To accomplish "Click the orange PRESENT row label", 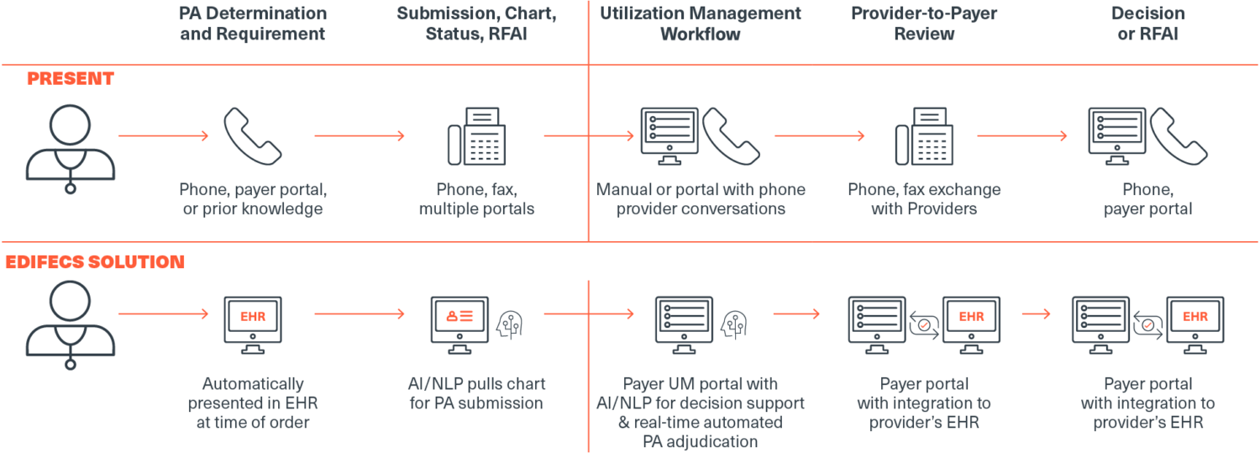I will point(70,79).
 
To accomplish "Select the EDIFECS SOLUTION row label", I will point(95,262).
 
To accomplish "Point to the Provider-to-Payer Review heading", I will point(924,24).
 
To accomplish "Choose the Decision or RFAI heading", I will point(1147,24).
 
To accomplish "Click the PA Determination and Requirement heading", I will point(253,24).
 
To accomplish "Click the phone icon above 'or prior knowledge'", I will point(252,136).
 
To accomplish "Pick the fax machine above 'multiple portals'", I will point(477,138).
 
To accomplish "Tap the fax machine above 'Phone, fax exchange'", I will point(924,138).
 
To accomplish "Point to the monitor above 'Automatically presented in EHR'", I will point(253,319).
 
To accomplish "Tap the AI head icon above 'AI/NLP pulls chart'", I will point(511,323).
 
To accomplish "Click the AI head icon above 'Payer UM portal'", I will point(734,323).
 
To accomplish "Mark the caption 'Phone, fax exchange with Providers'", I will point(924,199).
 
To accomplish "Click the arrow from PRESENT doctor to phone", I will point(164,135).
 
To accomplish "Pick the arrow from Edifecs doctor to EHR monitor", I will point(164,314).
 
